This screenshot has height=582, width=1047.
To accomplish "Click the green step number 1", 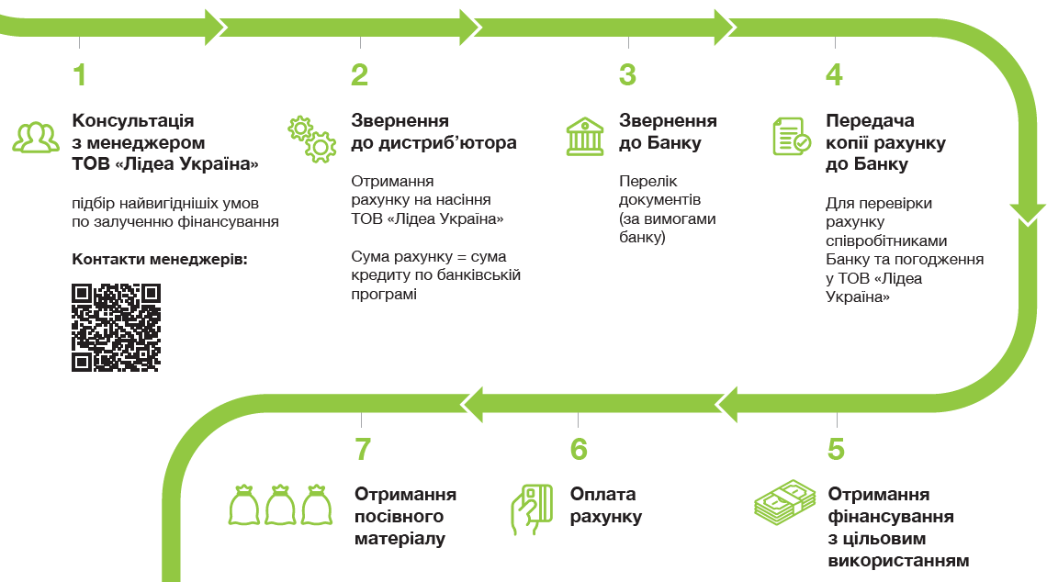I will (x=80, y=74).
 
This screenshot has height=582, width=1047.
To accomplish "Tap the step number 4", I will (x=834, y=74).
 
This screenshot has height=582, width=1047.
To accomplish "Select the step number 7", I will (x=363, y=449).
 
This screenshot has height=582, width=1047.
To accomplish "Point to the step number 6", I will (x=578, y=449).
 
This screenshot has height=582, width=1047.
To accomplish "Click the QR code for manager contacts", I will (x=117, y=328).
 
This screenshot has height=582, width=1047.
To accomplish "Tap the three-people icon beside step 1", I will (x=36, y=137).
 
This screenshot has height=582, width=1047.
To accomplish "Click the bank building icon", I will (x=584, y=136).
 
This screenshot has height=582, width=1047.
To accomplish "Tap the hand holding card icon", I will (x=531, y=509).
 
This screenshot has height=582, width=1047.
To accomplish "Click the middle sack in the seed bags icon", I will (x=278, y=504).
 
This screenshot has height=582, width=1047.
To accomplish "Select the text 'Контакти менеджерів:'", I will (x=160, y=259).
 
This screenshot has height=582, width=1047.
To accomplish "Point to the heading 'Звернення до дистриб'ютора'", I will (x=433, y=132).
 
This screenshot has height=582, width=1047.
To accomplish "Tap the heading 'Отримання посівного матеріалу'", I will (x=405, y=516).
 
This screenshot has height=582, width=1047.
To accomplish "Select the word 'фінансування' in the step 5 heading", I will (x=890, y=516).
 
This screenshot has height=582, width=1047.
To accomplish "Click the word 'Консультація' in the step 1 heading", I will (x=133, y=120).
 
